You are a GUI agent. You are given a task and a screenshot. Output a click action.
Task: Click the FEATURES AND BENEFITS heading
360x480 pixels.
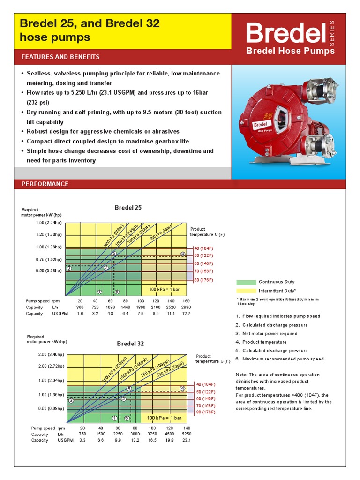[x=60, y=57]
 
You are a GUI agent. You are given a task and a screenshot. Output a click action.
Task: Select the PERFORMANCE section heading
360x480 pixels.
[x=45, y=184]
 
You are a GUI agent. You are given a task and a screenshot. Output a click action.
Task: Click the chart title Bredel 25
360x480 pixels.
[x=128, y=207]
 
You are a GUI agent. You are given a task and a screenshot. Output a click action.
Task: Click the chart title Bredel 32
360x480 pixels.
[x=130, y=344]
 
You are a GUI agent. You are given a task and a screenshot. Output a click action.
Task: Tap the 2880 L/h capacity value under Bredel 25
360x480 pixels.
[x=186, y=307]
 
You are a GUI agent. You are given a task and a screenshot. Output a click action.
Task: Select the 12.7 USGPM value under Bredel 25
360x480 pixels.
[x=186, y=313]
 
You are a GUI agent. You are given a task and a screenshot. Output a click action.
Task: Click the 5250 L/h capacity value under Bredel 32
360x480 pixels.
[x=186, y=434]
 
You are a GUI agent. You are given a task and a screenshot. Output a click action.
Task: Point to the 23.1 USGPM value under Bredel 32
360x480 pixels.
[x=186, y=440]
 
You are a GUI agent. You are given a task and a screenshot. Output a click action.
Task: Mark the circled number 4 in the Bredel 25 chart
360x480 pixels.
[x=182, y=254]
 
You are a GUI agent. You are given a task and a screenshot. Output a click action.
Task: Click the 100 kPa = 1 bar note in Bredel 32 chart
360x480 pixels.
[x=164, y=418]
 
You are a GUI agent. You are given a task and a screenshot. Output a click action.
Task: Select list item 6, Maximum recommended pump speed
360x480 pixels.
[x=279, y=359]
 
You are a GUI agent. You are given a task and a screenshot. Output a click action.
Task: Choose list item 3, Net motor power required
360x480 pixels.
[x=267, y=334]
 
